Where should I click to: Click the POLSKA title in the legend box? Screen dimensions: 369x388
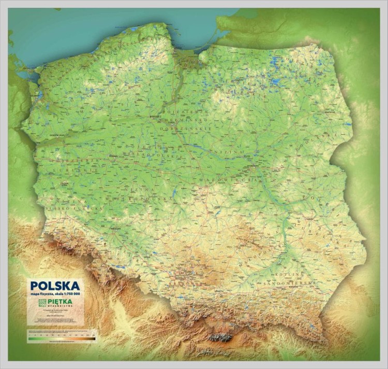tap(55, 286)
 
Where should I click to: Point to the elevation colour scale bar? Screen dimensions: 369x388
tap(62, 338)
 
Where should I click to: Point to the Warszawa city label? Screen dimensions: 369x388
tap(253, 167)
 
